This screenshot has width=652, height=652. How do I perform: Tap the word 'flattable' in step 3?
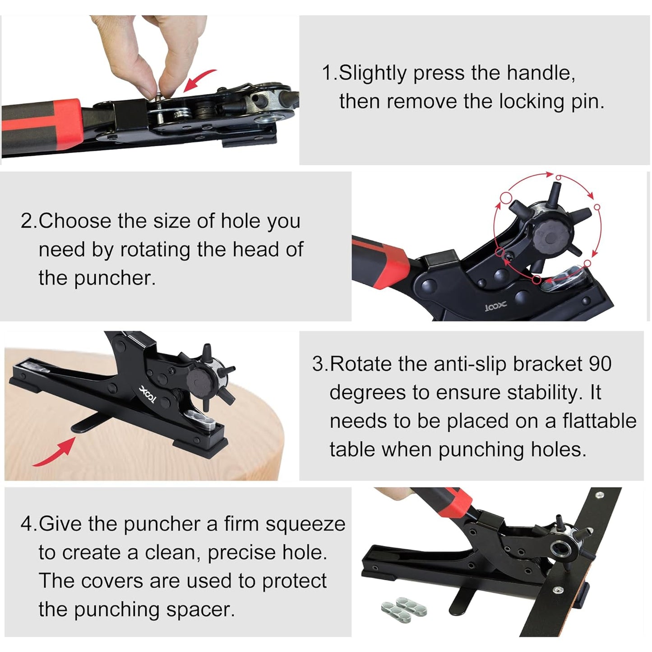tap(599, 421)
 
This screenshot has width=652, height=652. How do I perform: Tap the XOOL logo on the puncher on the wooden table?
tap(148, 394)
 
